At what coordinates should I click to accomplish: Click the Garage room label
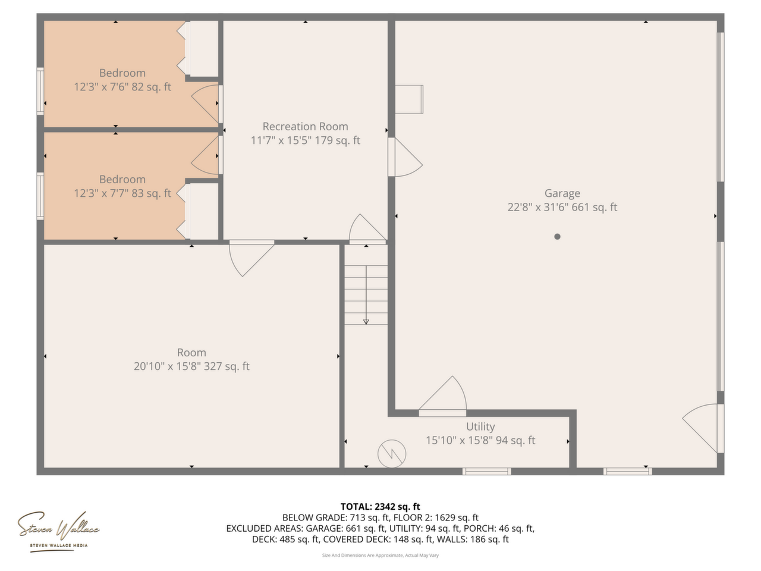pyautogui.click(x=562, y=193)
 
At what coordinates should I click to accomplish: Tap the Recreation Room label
pyautogui.click(x=305, y=126)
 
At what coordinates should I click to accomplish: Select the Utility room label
pyautogui.click(x=480, y=426)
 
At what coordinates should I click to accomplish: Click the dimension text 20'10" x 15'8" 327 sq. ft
pyautogui.click(x=191, y=366)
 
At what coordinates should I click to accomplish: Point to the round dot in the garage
pyautogui.click(x=557, y=237)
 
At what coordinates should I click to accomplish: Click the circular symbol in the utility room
pyautogui.click(x=392, y=453)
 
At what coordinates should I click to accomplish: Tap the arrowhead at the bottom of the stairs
pyautogui.click(x=366, y=322)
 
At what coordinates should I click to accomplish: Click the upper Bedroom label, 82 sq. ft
pyautogui.click(x=122, y=73)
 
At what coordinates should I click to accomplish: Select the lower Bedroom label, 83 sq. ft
pyautogui.click(x=122, y=179)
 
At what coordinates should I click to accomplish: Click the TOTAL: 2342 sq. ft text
pyautogui.click(x=380, y=507)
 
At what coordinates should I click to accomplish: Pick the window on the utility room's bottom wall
pyautogui.click(x=486, y=471)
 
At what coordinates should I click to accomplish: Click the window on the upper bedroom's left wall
pyautogui.click(x=40, y=91)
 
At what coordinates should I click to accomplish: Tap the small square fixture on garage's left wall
pyautogui.click(x=409, y=99)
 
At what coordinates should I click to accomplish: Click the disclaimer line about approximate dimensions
pyautogui.click(x=380, y=555)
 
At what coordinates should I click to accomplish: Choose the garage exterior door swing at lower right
pyautogui.click(x=700, y=429)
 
